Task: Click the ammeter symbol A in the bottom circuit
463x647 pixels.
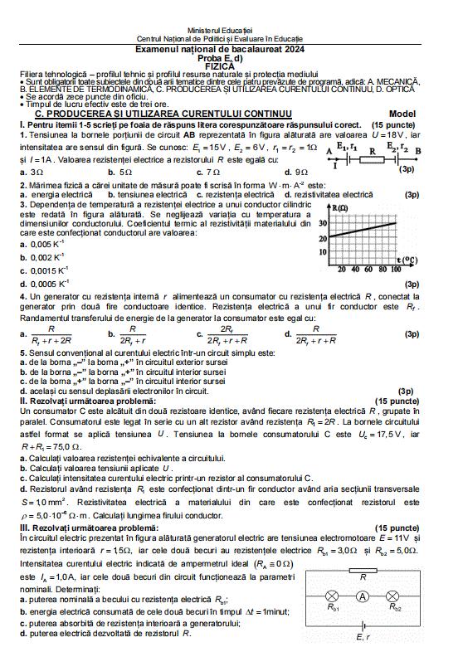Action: [x=361, y=596]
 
